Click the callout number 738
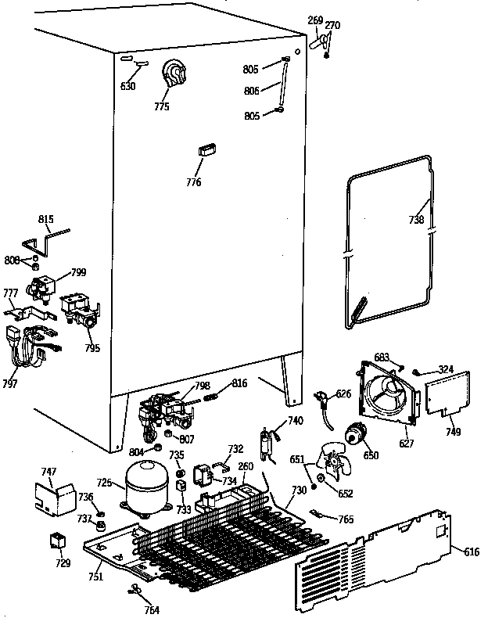(x=416, y=220)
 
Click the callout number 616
(x=472, y=552)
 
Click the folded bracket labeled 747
(x=53, y=498)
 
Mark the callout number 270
(x=332, y=26)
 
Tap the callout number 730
(x=299, y=490)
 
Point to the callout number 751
(x=94, y=578)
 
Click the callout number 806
(x=252, y=91)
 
